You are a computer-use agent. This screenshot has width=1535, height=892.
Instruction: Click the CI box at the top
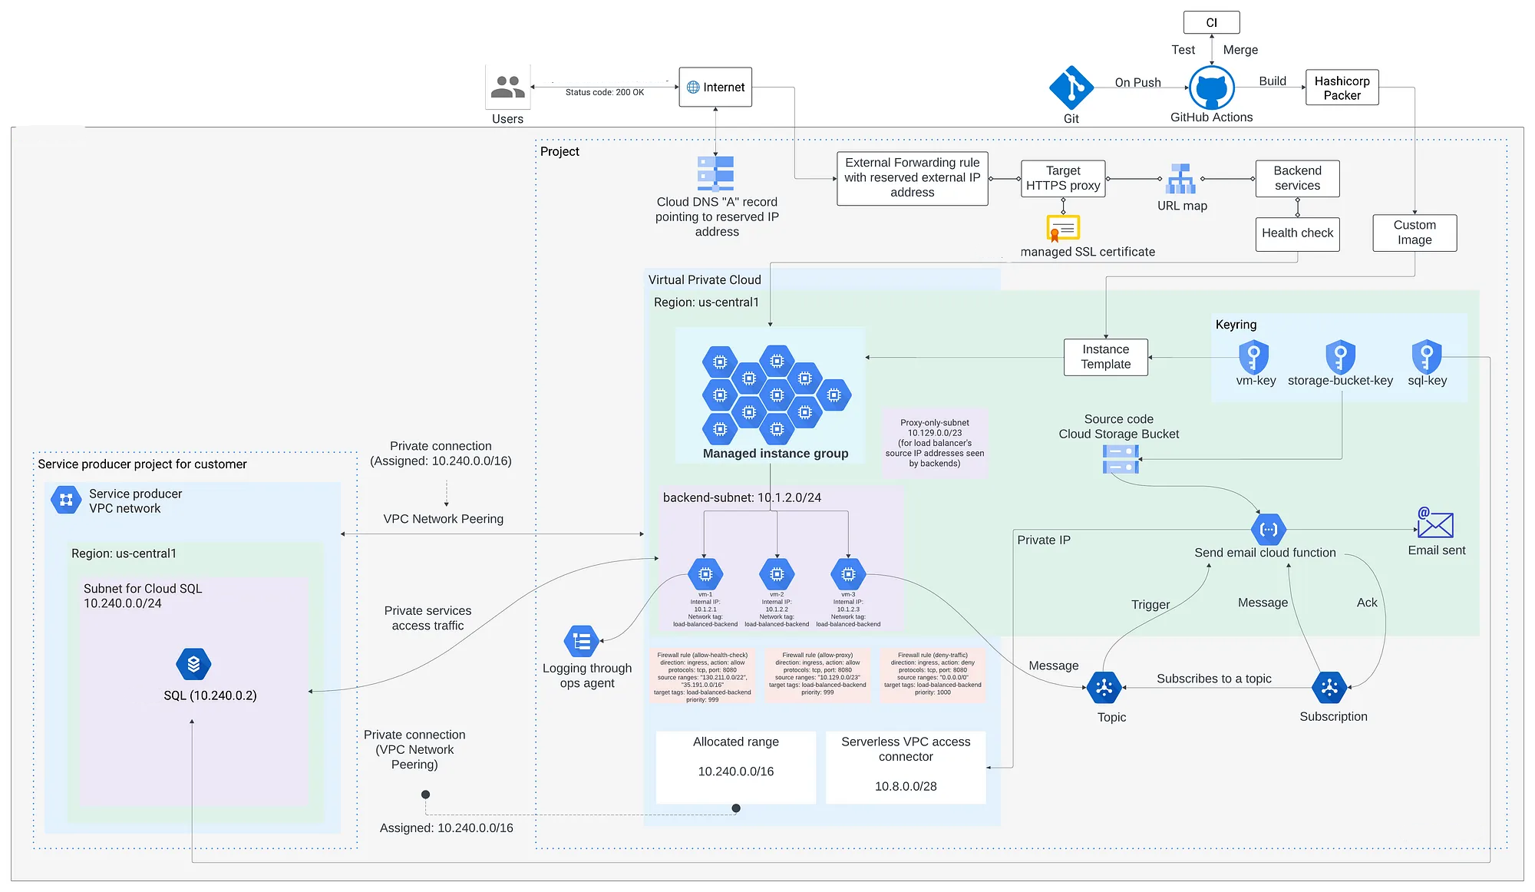(x=1211, y=22)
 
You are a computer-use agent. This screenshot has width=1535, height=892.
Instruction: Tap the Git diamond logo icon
(x=1071, y=88)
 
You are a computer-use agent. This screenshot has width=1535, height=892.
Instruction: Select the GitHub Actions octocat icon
(x=1211, y=88)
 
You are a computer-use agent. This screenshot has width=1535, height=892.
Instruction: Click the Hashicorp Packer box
(x=1342, y=88)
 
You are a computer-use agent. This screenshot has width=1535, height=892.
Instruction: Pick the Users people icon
(x=507, y=87)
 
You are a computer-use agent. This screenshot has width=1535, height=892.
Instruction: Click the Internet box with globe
(x=715, y=87)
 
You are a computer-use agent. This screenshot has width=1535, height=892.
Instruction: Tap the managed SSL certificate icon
(x=1063, y=228)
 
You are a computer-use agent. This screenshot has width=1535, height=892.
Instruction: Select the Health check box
(x=1297, y=233)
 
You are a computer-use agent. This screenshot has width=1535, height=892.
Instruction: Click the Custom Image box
(x=1414, y=233)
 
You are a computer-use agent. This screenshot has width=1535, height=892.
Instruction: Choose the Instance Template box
(x=1105, y=357)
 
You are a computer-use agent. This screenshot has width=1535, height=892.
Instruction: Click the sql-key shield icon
(x=1426, y=357)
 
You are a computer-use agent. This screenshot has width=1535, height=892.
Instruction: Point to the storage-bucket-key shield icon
(x=1340, y=357)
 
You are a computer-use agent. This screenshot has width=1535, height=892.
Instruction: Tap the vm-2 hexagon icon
(x=777, y=574)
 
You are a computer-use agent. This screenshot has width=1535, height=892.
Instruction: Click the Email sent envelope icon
(x=1434, y=524)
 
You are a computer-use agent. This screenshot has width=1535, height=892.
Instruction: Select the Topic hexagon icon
(x=1104, y=688)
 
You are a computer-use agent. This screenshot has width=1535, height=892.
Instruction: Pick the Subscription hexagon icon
(x=1329, y=688)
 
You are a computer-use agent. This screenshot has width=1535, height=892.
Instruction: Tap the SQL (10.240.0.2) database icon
(x=193, y=664)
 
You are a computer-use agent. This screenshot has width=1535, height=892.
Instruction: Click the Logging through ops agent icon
(x=581, y=641)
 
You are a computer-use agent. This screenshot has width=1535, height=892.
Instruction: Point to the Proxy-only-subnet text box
(x=934, y=443)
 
